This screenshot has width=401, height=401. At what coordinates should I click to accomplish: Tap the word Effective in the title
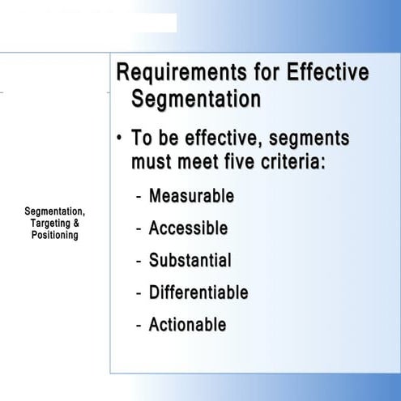coord(327,73)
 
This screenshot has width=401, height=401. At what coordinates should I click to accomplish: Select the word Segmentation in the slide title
coord(196,100)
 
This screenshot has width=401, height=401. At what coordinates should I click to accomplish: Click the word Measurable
coord(191,196)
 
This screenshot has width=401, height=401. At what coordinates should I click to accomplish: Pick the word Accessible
coord(188,228)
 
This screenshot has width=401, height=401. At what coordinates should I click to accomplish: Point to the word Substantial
coord(190,261)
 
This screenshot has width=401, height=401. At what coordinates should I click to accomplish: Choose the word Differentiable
coord(198,292)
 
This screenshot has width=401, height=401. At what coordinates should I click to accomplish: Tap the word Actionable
coord(187,325)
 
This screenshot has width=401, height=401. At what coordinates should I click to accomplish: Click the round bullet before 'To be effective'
coord(119,139)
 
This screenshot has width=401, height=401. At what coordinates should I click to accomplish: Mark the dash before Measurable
coord(139,197)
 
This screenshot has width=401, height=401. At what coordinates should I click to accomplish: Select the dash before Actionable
coord(139,326)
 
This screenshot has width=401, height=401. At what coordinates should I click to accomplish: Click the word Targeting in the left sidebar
coord(49,224)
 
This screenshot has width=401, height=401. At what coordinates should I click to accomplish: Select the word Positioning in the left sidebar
coord(55,235)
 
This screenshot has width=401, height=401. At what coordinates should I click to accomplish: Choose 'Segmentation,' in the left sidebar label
coord(55,212)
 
